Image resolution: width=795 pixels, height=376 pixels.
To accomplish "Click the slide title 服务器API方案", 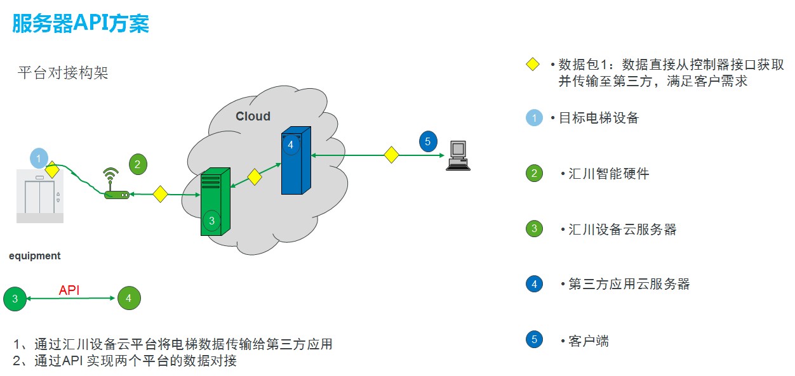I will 81,23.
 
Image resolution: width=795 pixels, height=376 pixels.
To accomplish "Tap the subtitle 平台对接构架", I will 63,73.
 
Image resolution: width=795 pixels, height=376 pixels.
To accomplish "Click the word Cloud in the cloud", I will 253,116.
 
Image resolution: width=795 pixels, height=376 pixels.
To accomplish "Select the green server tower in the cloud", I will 215,202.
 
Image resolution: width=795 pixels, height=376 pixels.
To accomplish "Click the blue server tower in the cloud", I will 296,160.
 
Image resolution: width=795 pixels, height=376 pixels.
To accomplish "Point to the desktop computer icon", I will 457,155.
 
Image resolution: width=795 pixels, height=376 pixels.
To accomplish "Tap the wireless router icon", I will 116,185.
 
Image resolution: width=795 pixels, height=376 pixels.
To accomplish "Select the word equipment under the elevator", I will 35,256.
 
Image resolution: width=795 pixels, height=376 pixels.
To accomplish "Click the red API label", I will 69,290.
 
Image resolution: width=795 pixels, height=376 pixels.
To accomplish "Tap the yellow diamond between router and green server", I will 160,194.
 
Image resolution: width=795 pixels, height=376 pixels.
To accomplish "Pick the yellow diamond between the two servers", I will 255,177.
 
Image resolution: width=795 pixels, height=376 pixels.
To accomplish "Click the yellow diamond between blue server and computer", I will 391,154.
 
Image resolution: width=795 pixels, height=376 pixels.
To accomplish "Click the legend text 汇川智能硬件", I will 608,174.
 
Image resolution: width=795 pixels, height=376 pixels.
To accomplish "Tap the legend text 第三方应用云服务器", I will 629,284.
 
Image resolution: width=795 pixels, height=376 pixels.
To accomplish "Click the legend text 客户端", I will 589,341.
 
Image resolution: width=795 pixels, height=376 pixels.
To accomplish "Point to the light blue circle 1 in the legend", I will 535,118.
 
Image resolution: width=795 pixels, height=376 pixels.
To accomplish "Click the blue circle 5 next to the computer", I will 428,141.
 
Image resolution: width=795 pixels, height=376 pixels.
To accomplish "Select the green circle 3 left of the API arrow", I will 15,298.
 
